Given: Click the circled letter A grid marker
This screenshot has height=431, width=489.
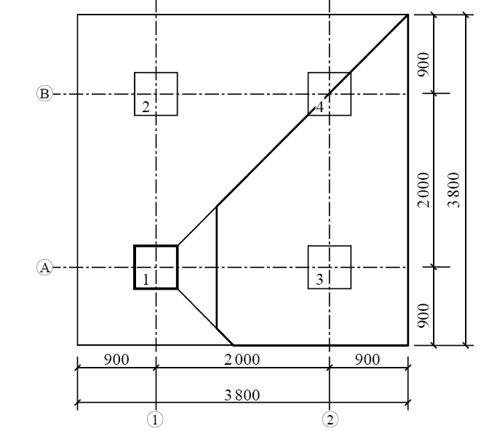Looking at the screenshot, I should click(x=44, y=268).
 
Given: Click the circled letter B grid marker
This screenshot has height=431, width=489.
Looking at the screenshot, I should click(x=44, y=94).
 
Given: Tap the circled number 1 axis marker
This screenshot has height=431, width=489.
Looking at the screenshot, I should click(x=156, y=419).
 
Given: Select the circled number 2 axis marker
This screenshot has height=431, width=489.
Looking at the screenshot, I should click(x=330, y=419).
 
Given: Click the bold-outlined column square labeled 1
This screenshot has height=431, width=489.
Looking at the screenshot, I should click(x=156, y=267).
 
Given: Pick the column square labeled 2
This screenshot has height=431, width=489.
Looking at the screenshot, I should click(x=156, y=94).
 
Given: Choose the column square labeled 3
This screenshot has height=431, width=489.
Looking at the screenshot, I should click(x=330, y=267).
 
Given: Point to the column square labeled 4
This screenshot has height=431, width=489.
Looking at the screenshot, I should click(x=330, y=94).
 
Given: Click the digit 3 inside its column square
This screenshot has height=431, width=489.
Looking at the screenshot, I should click(x=319, y=280).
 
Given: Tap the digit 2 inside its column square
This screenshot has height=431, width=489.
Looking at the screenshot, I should click(x=146, y=107).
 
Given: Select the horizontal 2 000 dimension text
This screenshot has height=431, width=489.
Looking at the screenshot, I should click(x=242, y=360).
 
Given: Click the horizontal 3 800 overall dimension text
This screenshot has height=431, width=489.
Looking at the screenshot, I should click(x=242, y=395).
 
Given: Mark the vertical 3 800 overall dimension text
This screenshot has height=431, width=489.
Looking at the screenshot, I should click(x=455, y=189).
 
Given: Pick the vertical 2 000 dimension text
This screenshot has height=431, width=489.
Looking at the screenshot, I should click(x=424, y=189).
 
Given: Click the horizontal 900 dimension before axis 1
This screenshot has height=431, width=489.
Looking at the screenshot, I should click(x=116, y=360).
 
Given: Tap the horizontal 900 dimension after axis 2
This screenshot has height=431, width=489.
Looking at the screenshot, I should click(x=367, y=360).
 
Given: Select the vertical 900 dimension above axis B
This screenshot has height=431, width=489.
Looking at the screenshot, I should click(x=424, y=64).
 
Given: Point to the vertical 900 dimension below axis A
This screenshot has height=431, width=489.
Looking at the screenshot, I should click(x=424, y=315).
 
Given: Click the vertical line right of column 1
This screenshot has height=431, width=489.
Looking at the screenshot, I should click(x=216, y=267).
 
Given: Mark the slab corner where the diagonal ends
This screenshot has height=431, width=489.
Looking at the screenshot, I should click(x=407, y=15).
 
